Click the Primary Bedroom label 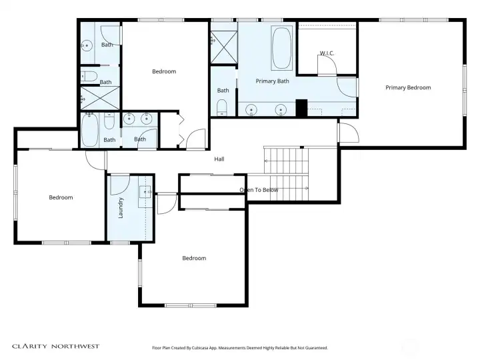pyautogui.click(x=408, y=87)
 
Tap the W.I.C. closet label pyautogui.click(x=327, y=53)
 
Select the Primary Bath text pyautogui.click(x=272, y=81)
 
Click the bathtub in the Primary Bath pyautogui.click(x=281, y=48)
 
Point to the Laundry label pyautogui.click(x=121, y=208)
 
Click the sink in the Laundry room pyautogui.click(x=145, y=192)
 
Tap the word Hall pyautogui.click(x=219, y=159)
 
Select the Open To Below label pyautogui.click(x=259, y=190)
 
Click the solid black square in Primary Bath pyautogui.click(x=301, y=108)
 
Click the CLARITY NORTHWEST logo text pyautogui.click(x=56, y=346)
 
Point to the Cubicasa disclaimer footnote pyautogui.click(x=240, y=348)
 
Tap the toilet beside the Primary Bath pyautogui.click(x=221, y=107)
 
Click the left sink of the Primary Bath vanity pyautogui.click(x=251, y=109)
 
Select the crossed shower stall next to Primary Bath pyautogui.click(x=224, y=47)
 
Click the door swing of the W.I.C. pyautogui.click(x=327, y=65)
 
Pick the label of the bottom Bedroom pyautogui.click(x=194, y=258)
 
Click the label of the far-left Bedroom pyautogui.click(x=61, y=197)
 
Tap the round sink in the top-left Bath pyautogui.click(x=87, y=45)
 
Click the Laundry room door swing pyautogui.click(x=120, y=185)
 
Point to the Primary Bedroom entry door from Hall pyautogui.click(x=349, y=133)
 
